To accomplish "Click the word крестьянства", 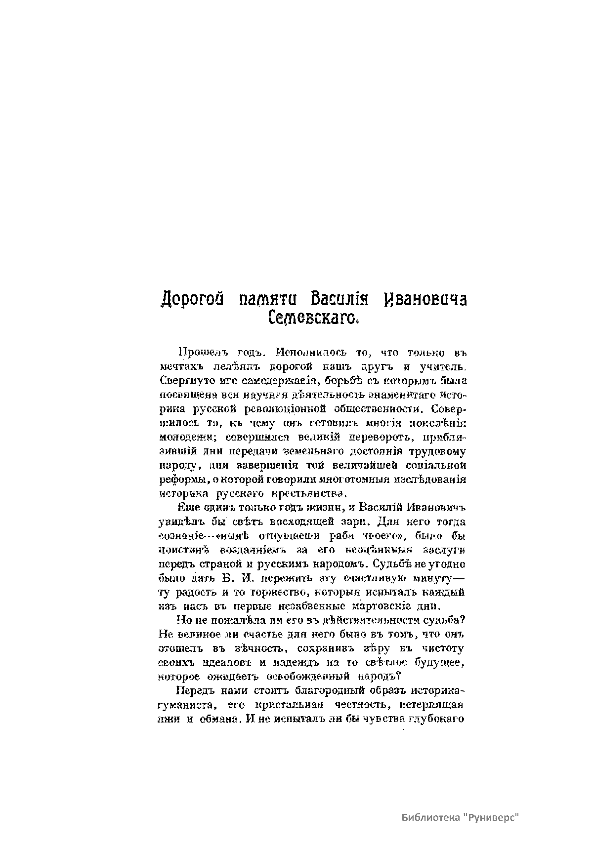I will [309, 493].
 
